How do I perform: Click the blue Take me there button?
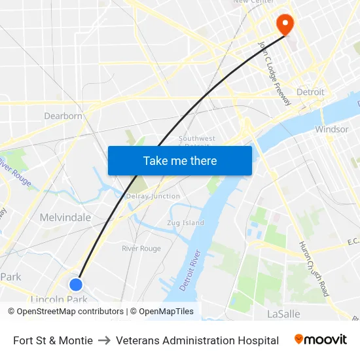point(180,160)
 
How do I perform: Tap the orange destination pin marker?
point(286,24)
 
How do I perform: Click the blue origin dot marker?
point(76,284)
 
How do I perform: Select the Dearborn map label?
point(63,116)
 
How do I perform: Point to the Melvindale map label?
point(65,217)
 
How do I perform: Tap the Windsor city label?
point(331,129)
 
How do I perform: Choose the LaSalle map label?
point(283,314)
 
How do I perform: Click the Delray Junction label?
point(153,196)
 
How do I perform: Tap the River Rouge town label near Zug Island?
point(141,249)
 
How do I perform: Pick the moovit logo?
point(321,340)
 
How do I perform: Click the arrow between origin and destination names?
point(104,340)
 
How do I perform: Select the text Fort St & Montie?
point(53,340)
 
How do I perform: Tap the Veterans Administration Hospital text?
point(197,340)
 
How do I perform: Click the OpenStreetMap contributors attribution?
point(70,312)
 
